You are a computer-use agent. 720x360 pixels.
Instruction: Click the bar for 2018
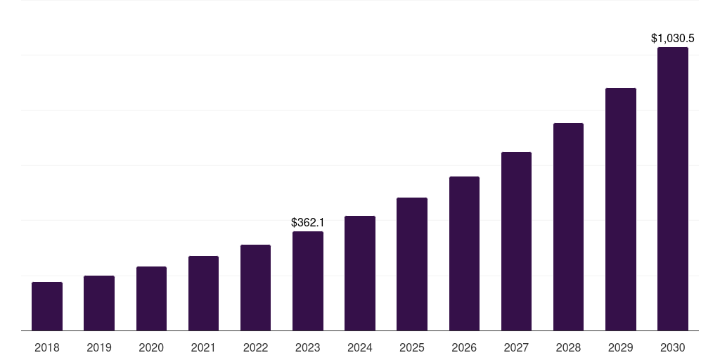[47, 307]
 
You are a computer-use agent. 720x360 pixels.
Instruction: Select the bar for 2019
[99, 303]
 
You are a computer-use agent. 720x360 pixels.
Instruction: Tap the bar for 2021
[203, 293]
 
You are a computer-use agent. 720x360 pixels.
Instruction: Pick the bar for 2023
[308, 281]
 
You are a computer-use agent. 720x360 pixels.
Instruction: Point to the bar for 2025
[412, 264]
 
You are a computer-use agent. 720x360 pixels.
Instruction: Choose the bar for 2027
[516, 241]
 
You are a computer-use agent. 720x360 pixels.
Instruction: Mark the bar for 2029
[620, 210]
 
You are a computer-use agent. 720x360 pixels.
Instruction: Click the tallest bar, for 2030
[673, 189]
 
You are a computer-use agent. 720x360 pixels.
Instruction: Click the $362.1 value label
[308, 222]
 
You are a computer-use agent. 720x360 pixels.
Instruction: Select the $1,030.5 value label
[673, 38]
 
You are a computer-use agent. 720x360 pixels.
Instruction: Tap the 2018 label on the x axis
[47, 347]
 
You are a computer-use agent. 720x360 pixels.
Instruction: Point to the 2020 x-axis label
[151, 347]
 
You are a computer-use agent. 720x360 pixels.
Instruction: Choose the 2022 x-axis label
[255, 347]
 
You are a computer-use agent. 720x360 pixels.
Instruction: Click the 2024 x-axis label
[360, 347]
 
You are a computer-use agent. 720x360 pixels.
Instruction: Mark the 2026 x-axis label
[464, 347]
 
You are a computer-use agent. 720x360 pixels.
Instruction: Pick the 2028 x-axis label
[568, 347]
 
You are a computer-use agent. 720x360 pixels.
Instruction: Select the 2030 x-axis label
[673, 347]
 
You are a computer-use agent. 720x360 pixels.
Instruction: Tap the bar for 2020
[151, 299]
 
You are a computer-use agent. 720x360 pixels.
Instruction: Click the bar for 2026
[464, 254]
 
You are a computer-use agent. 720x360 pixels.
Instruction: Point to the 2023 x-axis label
[308, 347]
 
